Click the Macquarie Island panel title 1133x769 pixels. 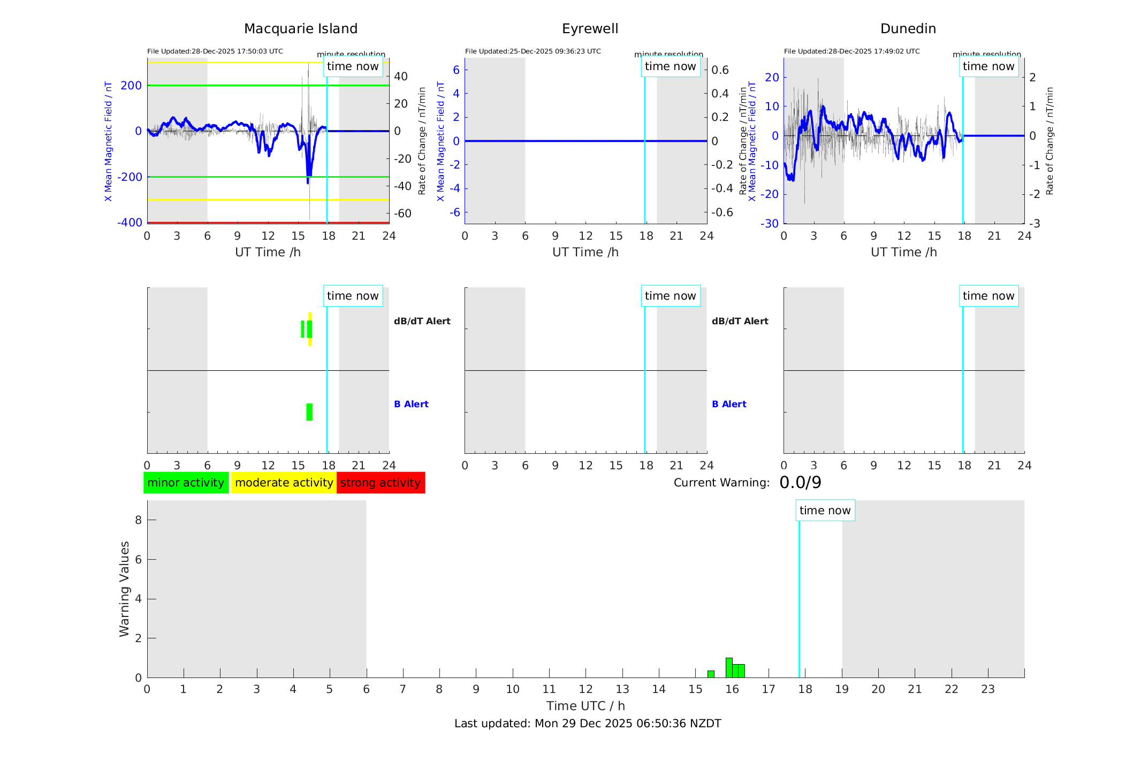[300, 29]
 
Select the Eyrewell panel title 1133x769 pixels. [590, 29]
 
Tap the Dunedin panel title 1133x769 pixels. [908, 29]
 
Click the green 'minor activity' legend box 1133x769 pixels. [186, 483]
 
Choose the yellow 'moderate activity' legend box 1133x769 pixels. [284, 483]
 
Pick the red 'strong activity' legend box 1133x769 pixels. [381, 483]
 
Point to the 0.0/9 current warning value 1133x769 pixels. [800, 483]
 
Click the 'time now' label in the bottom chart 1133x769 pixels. [825, 511]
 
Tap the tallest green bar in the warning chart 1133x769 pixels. [729, 668]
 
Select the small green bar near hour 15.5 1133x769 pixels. [711, 674]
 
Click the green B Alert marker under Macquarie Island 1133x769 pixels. [309, 412]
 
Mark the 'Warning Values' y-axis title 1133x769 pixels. [124, 589]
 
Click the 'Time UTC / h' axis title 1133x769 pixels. [585, 706]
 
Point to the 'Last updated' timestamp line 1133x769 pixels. [588, 724]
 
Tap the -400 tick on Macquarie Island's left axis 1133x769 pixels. [130, 223]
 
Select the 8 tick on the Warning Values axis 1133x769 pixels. [138, 520]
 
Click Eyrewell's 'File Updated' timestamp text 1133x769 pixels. [533, 51]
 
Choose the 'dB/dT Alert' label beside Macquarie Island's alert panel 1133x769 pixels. [422, 321]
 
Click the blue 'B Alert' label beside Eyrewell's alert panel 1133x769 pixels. [729, 404]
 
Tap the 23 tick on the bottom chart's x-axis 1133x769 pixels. [987, 689]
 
